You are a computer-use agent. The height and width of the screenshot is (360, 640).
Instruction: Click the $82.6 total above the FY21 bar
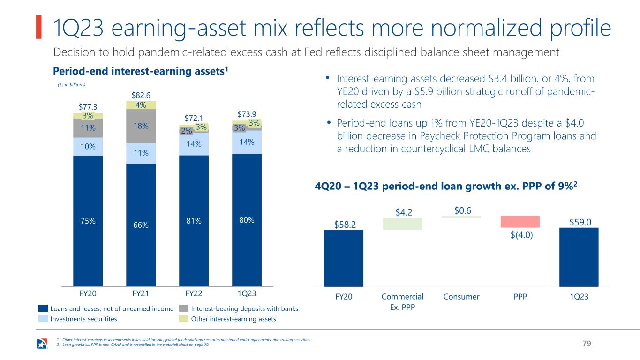pyautogui.click(x=141, y=95)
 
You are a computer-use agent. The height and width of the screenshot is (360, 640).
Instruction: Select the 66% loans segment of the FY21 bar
pyautogui.click(x=141, y=225)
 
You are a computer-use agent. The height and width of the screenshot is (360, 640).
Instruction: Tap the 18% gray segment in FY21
pyautogui.click(x=141, y=126)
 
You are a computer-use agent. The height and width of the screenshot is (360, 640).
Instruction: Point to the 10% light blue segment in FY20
pyautogui.click(x=88, y=147)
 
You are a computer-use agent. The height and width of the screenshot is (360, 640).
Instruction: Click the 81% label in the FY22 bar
pyautogui.click(x=194, y=221)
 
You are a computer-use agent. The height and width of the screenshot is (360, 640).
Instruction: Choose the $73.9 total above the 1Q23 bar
pyautogui.click(x=247, y=114)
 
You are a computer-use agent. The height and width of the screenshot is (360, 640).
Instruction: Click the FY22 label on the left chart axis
pyautogui.click(x=194, y=293)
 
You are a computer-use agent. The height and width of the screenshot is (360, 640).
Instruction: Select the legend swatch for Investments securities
pyautogui.click(x=43, y=319)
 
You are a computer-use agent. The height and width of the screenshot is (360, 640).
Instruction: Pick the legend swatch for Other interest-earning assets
pyautogui.click(x=184, y=319)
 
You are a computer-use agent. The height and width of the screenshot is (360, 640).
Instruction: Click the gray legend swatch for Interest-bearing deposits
pyautogui.click(x=184, y=308)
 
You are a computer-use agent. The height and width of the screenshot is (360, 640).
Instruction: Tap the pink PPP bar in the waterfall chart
pyautogui.click(x=520, y=222)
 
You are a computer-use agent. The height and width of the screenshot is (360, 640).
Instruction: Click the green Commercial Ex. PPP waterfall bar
pyautogui.click(x=402, y=224)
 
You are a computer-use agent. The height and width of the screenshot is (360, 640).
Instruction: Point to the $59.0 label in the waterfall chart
pyautogui.click(x=580, y=222)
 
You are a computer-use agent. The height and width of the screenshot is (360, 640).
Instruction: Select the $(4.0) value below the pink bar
pyautogui.click(x=522, y=235)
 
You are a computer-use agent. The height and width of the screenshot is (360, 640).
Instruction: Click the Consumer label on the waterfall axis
pyautogui.click(x=461, y=297)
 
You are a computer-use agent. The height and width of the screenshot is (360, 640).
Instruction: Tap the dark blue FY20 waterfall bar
pyautogui.click(x=344, y=258)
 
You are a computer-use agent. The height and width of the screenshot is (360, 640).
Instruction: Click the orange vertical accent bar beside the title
pyautogui.click(x=39, y=27)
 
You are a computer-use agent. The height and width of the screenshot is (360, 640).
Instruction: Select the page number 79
pyautogui.click(x=587, y=344)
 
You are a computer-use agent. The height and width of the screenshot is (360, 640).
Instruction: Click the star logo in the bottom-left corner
pyautogui.click(x=42, y=344)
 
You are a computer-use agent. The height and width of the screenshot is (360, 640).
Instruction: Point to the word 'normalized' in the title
pyautogui.click(x=486, y=28)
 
